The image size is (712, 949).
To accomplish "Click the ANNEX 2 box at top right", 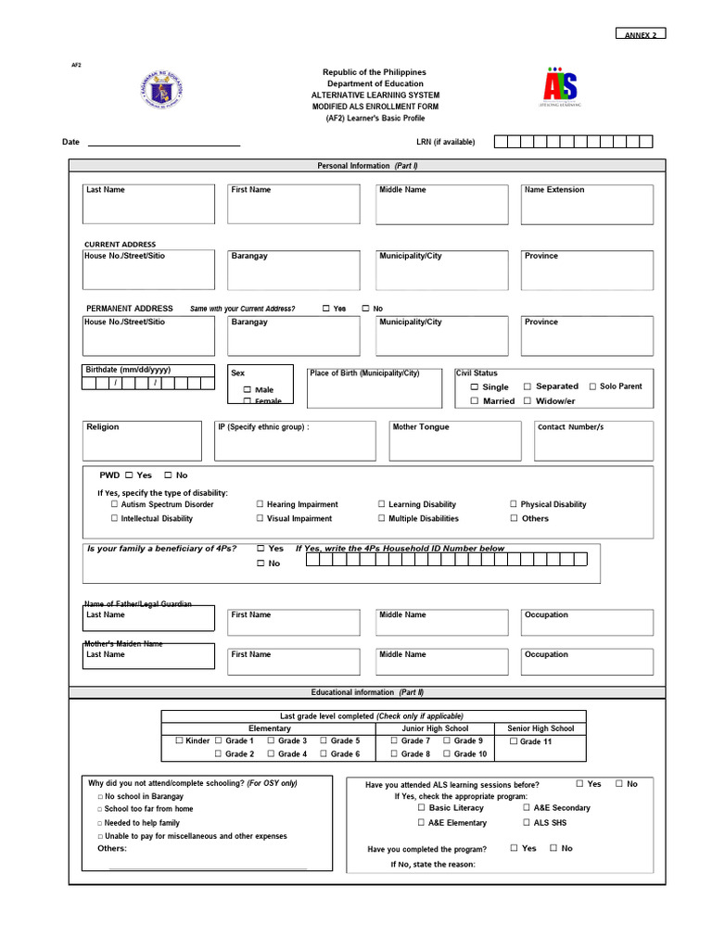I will pyautogui.click(x=641, y=34).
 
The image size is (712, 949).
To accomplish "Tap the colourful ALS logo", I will pyautogui.click(x=559, y=87).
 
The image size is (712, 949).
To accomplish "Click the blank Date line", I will pyautogui.click(x=163, y=142).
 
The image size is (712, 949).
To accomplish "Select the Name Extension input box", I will pyautogui.click(x=586, y=205).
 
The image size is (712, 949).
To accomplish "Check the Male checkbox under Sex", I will pyautogui.click(x=248, y=390).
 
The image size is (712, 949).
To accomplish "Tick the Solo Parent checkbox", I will pyautogui.click(x=591, y=386).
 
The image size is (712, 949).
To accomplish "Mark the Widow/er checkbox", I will pyautogui.click(x=528, y=401).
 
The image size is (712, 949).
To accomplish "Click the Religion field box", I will pyautogui.click(x=142, y=442).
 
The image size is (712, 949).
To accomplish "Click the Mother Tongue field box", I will pyautogui.click(x=454, y=442).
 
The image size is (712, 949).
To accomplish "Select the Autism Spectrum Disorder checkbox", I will pyautogui.click(x=115, y=505).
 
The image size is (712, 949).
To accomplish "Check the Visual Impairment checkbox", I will pyautogui.click(x=261, y=519).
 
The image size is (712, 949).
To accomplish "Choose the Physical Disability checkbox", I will pyautogui.click(x=514, y=505).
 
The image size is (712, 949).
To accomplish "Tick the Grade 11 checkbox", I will pyautogui.click(x=514, y=741).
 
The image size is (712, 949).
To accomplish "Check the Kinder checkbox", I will pyautogui.click(x=180, y=741).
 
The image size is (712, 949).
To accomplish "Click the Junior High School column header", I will pyautogui.click(x=436, y=728).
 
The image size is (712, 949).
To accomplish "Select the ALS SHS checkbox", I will pyautogui.click(x=527, y=822).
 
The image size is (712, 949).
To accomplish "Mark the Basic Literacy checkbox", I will pyautogui.click(x=421, y=808).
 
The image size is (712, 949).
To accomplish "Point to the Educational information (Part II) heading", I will pyautogui.click(x=367, y=692).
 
